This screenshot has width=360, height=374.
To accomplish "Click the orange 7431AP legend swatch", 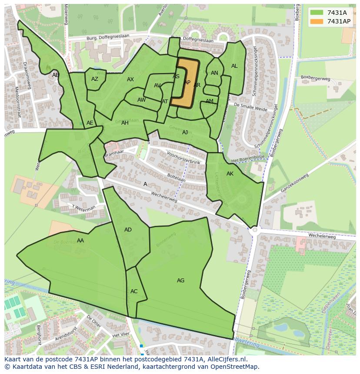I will click(317, 21).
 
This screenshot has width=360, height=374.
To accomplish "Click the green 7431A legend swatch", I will click(317, 13).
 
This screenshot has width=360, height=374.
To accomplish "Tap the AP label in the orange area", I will click(187, 83).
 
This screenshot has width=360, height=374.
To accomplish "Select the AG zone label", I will click(180, 281).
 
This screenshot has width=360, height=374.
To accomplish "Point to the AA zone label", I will click(80, 241).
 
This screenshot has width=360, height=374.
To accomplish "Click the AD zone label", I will click(128, 230).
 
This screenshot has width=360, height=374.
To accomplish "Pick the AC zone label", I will click(134, 291).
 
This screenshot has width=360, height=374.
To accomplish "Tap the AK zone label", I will click(230, 174).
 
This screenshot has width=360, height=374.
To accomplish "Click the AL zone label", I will click(234, 66).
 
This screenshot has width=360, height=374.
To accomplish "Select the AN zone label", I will click(214, 73).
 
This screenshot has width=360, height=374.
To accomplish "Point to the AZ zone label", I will click(95, 79).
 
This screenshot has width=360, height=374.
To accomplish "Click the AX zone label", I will click(130, 79).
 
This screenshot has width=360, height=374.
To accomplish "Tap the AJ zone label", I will click(185, 132).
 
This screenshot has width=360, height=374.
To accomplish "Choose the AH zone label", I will click(125, 123).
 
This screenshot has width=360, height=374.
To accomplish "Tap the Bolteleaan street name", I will click(176, 178).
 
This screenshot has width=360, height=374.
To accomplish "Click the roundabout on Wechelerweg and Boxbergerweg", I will click(255, 229).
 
